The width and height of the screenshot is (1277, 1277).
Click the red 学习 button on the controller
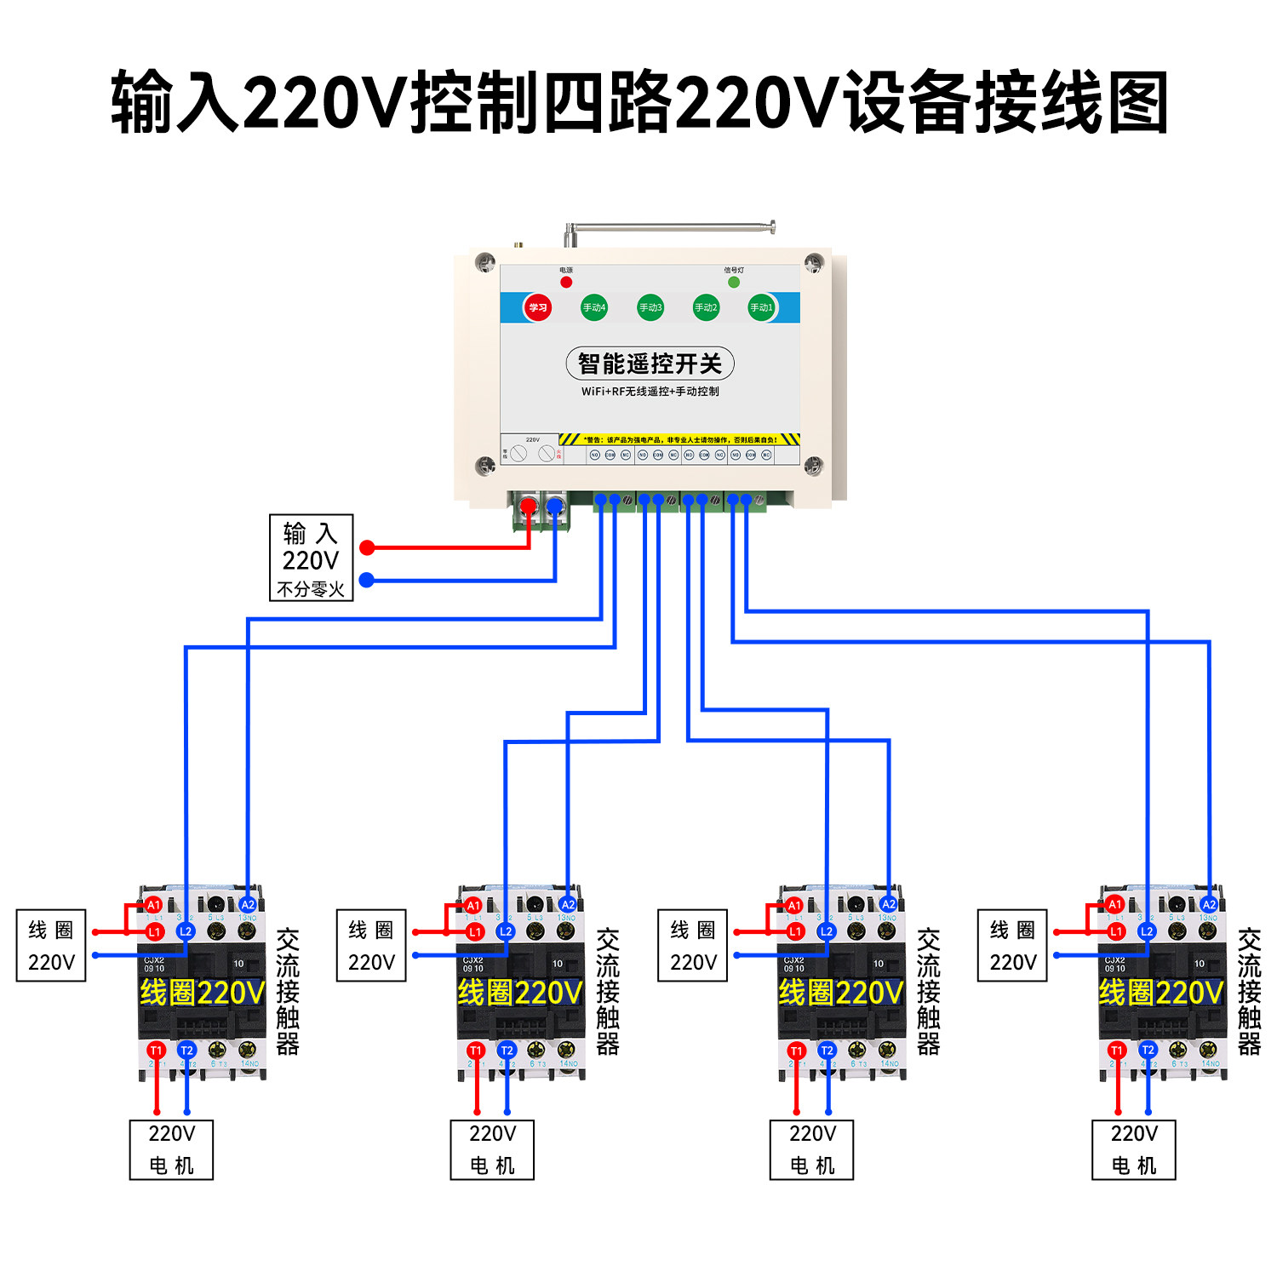pos(537,307)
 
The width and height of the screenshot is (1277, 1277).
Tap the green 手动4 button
pos(593,307)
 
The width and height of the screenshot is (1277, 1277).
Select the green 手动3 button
pos(650,307)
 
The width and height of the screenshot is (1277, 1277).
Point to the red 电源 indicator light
pos(566,282)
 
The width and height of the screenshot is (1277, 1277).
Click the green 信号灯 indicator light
pos(734,282)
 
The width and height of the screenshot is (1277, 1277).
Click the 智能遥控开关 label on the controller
pos(650,364)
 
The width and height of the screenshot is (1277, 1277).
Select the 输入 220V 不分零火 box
pos(311,558)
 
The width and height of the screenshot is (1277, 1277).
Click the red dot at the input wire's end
pos(367,547)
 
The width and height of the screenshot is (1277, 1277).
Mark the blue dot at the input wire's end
pos(367,580)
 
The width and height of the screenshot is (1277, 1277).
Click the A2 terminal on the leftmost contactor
pos(248,904)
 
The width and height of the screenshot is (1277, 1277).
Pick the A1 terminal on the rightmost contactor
pos(1115,904)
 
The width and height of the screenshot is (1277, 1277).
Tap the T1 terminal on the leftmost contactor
pos(156,1051)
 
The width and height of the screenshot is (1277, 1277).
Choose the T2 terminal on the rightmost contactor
pos(1148,1051)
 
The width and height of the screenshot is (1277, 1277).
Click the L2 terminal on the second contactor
pos(506,931)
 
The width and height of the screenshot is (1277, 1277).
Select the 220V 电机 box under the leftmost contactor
pos(171,1149)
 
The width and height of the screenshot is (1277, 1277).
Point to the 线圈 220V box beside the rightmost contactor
pos(1012,946)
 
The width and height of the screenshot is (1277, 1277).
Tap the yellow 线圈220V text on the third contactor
pos(840,993)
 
